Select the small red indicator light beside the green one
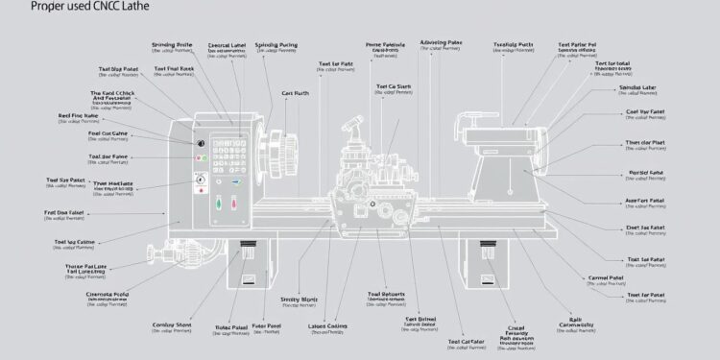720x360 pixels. (x=200, y=157)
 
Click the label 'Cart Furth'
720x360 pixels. (x=296, y=93)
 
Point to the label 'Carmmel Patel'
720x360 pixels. (x=606, y=277)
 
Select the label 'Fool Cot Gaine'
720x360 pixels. (x=81, y=133)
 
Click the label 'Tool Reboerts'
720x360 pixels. (x=386, y=294)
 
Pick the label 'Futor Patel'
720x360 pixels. (x=262, y=326)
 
